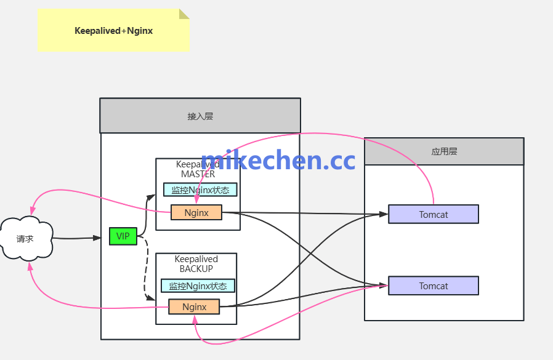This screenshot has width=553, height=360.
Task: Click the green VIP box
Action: coord(123,236)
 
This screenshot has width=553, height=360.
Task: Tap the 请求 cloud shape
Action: coord(25,238)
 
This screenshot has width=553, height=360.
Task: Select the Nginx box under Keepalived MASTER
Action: coord(196,213)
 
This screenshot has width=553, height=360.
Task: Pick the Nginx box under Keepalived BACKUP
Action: coord(194,306)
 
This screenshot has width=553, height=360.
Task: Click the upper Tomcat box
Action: coord(434,214)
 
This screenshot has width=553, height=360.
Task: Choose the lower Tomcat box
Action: coord(434,286)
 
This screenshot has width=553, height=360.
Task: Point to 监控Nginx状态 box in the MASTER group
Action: coord(200,190)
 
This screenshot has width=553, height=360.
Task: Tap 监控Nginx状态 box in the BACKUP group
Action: coord(198,286)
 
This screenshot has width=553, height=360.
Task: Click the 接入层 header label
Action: coord(200,116)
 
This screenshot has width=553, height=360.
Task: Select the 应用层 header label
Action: coord(444,151)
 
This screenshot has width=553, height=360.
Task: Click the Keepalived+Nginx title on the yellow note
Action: coord(113,30)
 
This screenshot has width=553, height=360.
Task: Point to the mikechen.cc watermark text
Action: coord(278,160)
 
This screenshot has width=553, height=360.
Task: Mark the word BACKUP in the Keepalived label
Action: coord(196,269)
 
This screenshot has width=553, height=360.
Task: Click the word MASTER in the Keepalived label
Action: coord(198,174)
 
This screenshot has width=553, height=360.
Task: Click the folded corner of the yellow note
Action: coord(184,14)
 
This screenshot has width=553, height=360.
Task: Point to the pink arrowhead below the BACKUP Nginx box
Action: coord(195,318)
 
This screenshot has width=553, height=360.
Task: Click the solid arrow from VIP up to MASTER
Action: coord(147,212)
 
